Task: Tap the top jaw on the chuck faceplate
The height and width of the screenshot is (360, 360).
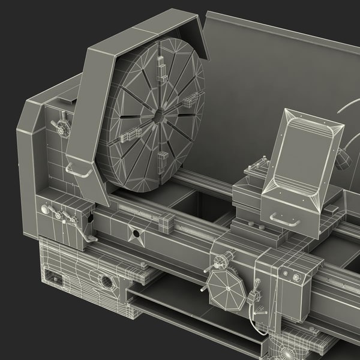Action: click(161, 62)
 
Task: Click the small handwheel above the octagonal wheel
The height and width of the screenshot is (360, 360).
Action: click(220, 261)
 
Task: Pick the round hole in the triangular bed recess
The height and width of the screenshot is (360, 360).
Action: click(136, 233)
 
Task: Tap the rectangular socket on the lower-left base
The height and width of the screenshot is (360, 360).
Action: click(54, 278)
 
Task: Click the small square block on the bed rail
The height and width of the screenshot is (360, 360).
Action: click(165, 224)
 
